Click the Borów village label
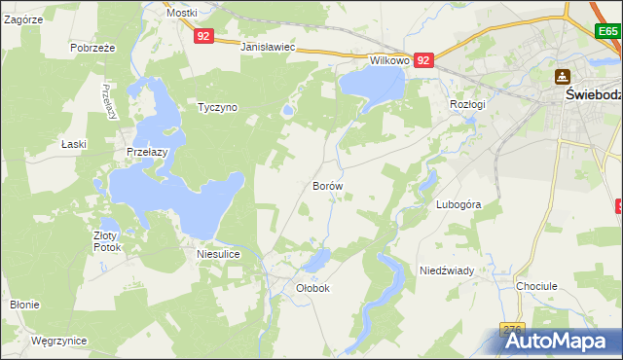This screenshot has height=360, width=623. [327, 185]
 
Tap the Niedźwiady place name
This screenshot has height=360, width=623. [446, 270]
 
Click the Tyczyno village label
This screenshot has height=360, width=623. [218, 107]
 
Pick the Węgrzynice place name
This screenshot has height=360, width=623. [58, 341]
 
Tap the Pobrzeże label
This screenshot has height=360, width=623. [93, 47]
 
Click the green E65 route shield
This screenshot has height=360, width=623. [608, 31]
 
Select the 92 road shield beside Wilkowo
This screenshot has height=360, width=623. [423, 60]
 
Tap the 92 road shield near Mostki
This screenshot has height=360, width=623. [202, 36]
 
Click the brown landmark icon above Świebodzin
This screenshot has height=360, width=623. [562, 76]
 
